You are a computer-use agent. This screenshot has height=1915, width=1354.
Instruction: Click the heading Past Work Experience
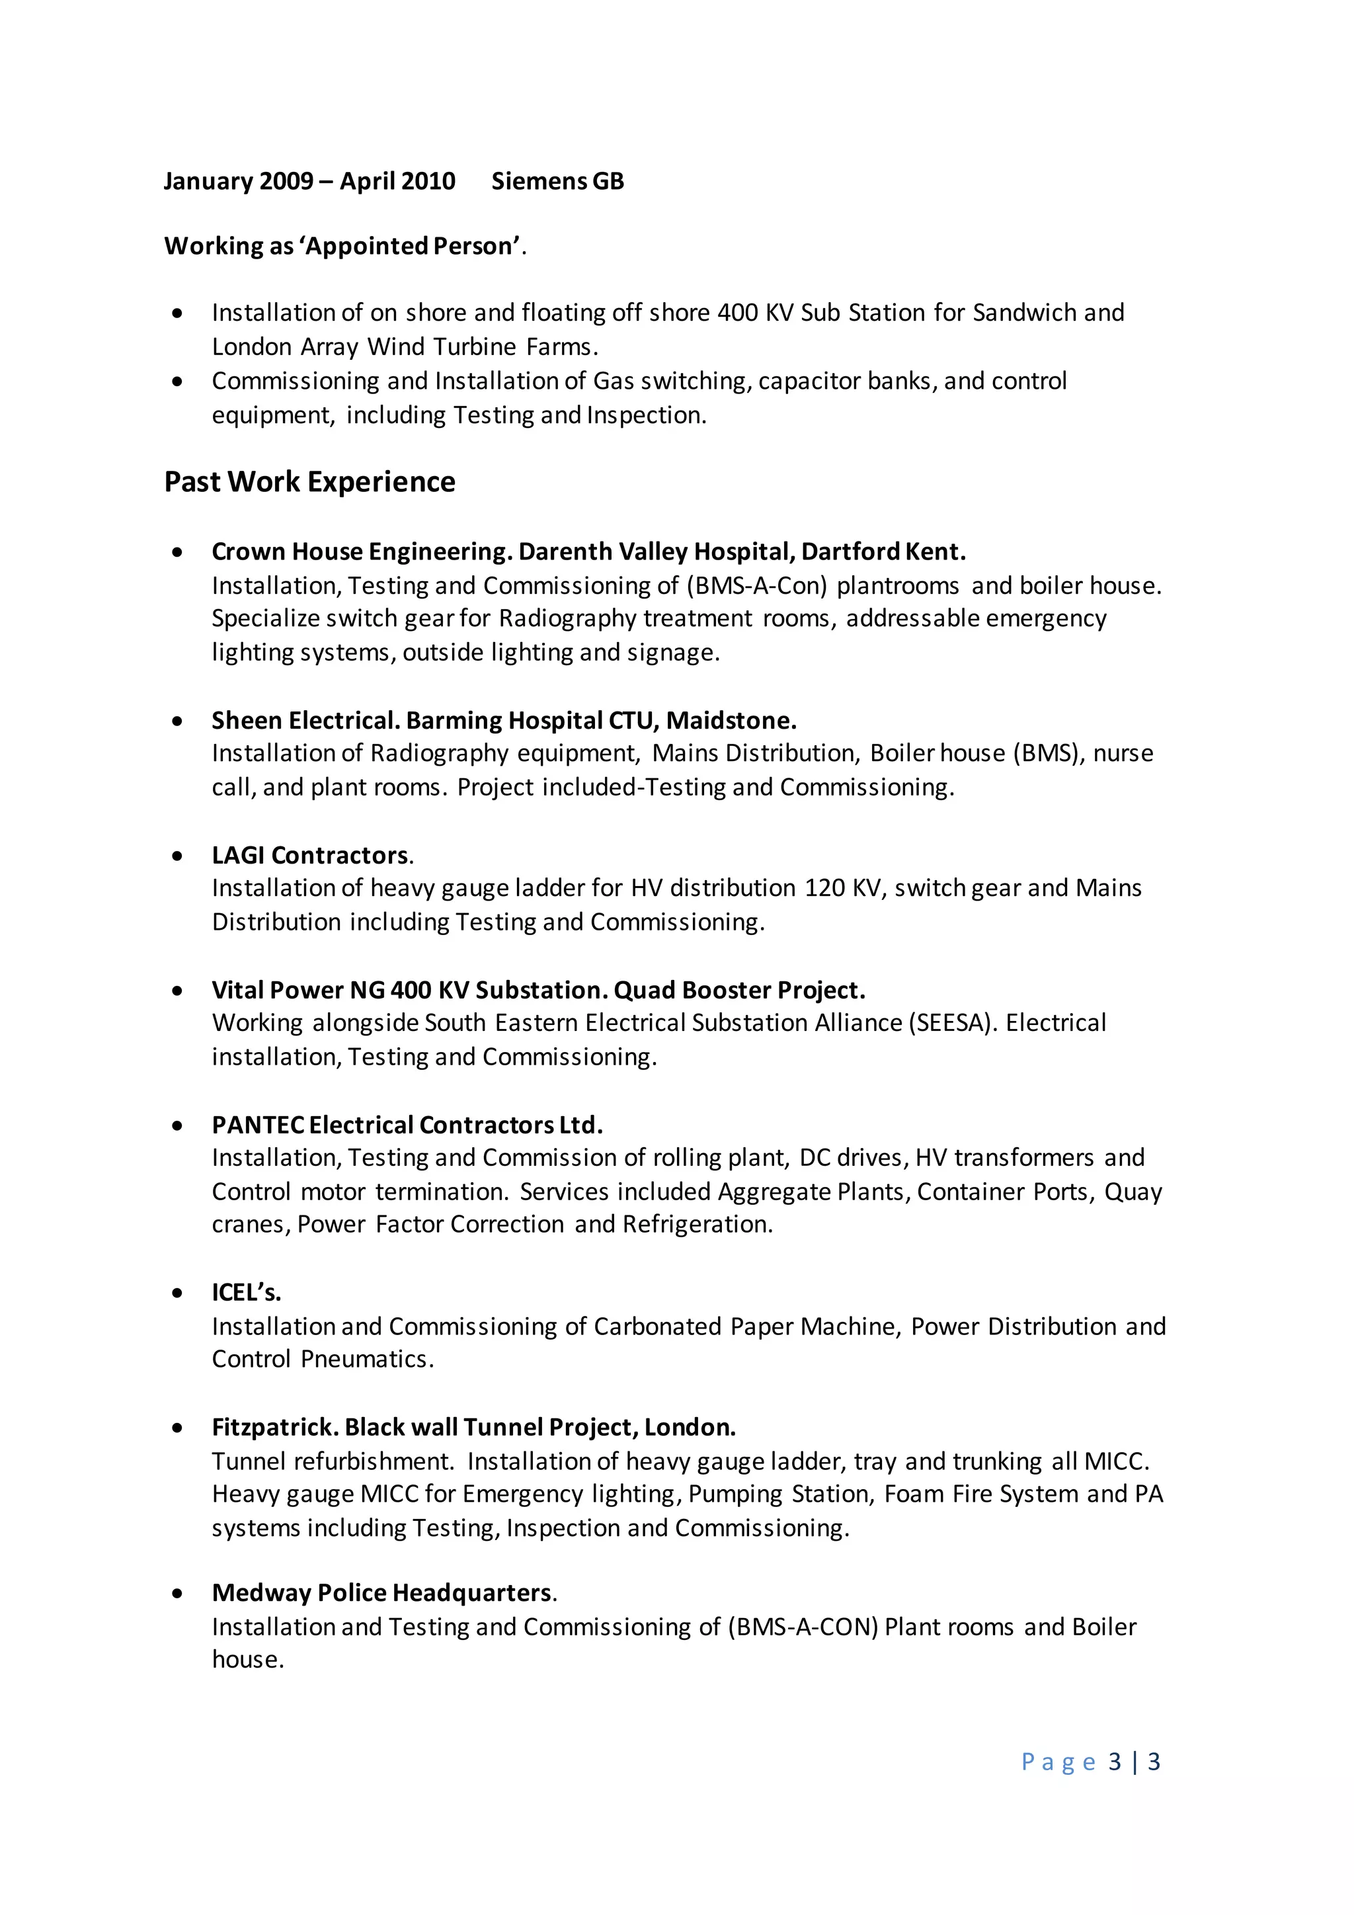point(309,482)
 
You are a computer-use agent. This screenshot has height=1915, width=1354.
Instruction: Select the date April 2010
point(398,181)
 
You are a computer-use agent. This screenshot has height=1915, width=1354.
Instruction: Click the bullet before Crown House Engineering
point(177,552)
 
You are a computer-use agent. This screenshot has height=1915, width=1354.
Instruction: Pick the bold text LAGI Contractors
point(310,856)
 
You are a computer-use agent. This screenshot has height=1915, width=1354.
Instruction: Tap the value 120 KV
point(842,888)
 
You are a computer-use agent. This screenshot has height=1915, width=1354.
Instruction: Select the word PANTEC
point(258,1126)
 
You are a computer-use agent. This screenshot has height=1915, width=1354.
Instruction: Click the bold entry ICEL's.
point(246,1293)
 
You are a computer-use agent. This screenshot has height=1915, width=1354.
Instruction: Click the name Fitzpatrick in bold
point(274,1428)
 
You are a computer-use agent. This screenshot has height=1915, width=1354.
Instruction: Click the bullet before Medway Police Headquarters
point(177,1593)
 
